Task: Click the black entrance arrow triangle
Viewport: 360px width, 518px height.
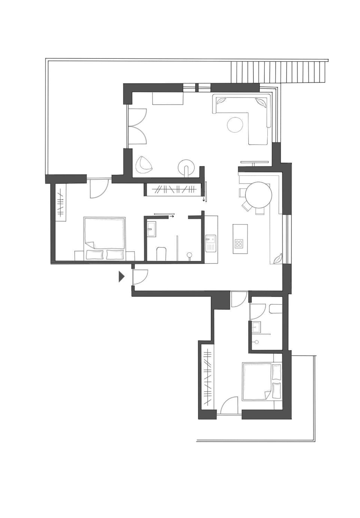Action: click(121, 277)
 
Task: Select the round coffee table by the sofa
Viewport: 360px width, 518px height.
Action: click(235, 125)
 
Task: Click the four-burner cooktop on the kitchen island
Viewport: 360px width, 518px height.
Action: click(239, 244)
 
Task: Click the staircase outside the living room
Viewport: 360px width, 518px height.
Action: click(277, 72)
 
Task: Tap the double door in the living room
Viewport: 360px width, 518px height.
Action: click(137, 126)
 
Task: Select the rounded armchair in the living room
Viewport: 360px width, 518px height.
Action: click(144, 165)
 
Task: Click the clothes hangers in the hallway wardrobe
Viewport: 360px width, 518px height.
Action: click(172, 189)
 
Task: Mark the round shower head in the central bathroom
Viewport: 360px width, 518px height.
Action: click(190, 255)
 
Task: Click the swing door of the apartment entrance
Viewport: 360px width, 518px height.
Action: click(141, 277)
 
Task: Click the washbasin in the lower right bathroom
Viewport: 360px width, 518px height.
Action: click(256, 326)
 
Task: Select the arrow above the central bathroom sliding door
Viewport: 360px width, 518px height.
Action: click(172, 216)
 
